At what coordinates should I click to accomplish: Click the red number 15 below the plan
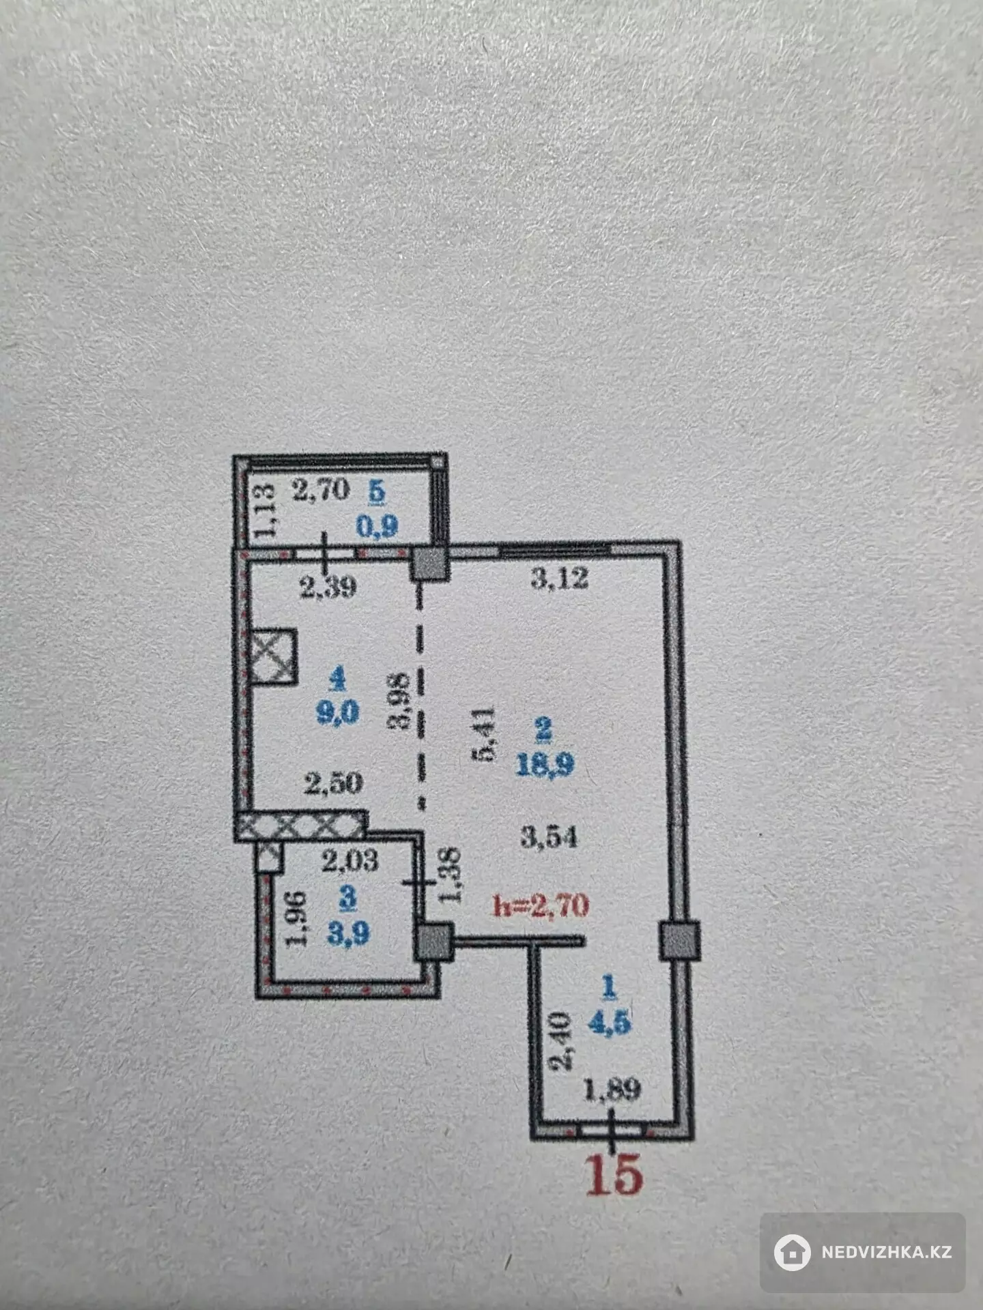(614, 1174)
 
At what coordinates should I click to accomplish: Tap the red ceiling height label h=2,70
(541, 905)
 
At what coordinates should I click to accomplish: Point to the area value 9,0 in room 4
(337, 713)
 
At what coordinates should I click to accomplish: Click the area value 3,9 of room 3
(348, 932)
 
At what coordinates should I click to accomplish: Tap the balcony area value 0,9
(377, 526)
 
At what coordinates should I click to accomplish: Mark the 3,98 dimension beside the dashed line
(399, 701)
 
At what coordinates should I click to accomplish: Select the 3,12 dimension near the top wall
(559, 579)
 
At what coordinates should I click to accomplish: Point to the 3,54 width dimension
(549, 836)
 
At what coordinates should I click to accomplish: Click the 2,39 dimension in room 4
(328, 587)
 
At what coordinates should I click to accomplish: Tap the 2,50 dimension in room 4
(332, 783)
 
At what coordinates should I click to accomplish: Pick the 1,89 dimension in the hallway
(612, 1090)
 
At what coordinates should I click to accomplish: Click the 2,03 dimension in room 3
(350, 860)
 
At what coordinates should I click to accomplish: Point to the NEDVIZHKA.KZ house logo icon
(793, 1252)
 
